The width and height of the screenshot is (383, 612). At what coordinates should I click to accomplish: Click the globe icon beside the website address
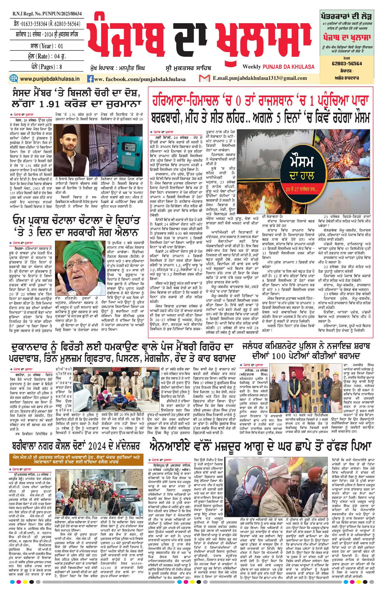click(14, 78)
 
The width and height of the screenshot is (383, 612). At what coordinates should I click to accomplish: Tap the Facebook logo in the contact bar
click(90, 79)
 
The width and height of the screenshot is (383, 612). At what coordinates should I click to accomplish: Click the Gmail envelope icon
click(204, 78)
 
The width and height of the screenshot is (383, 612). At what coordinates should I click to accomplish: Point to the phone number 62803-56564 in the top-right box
click(347, 64)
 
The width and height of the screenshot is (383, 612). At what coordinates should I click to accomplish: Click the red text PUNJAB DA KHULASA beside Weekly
click(288, 67)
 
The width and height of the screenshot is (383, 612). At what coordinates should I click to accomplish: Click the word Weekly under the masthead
click(252, 67)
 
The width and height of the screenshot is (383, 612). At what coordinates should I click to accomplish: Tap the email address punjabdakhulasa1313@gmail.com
click(260, 78)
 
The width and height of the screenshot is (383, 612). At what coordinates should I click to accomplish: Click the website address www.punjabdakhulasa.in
click(50, 79)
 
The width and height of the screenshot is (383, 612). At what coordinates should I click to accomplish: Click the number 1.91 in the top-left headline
click(49, 104)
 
